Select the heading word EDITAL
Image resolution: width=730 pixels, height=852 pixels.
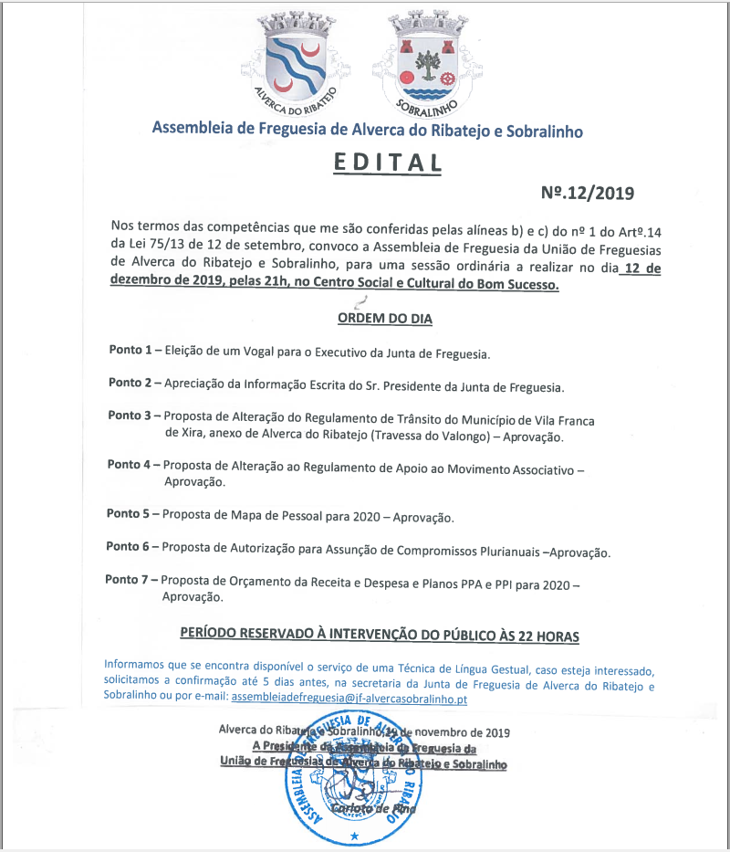[x=387, y=163]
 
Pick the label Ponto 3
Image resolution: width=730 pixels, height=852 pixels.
[x=129, y=415]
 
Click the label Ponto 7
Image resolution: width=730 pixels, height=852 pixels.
[x=126, y=580]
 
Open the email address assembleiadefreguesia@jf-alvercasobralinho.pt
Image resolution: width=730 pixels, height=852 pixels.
[x=349, y=699]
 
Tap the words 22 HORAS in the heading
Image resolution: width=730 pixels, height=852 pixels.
[x=544, y=634]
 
